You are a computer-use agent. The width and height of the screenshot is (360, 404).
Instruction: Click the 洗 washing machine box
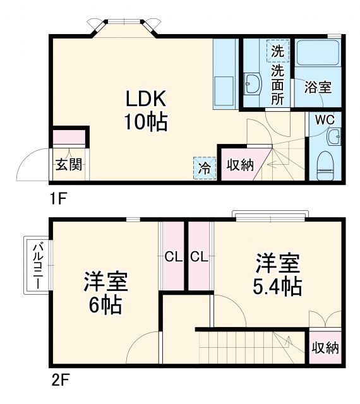[278, 49]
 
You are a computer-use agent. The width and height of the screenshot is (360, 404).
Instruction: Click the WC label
[325, 119]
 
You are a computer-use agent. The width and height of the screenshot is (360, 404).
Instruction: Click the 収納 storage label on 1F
[240, 165]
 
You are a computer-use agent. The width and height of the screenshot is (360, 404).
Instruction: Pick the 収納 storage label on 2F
[325, 348]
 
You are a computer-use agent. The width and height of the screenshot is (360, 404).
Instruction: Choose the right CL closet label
[198, 257]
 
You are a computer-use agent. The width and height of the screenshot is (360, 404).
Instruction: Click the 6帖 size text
[105, 306]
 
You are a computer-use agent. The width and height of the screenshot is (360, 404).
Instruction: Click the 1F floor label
[58, 197]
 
